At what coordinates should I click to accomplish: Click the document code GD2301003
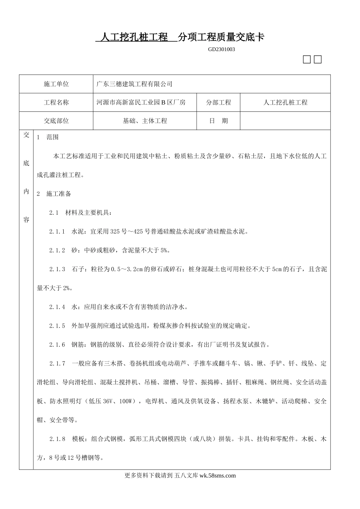pyautogui.click(x=221, y=49)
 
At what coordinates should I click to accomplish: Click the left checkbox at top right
pyautogui.click(x=307, y=60)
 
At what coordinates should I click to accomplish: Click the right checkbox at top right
pyautogui.click(x=318, y=60)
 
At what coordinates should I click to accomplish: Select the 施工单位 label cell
pyautogui.click(x=56, y=84)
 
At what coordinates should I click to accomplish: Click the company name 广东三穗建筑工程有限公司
pyautogui.click(x=135, y=84)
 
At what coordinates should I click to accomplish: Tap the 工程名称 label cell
pyautogui.click(x=56, y=103)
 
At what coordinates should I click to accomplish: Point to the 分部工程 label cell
pyautogui.click(x=218, y=103)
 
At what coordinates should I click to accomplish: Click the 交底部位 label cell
pyautogui.click(x=56, y=121)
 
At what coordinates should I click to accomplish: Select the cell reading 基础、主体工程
pyautogui.click(x=145, y=121)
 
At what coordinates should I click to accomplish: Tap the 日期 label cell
pyautogui.click(x=218, y=121)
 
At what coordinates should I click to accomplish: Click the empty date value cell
pyautogui.click(x=285, y=121)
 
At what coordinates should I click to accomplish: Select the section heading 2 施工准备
pyautogui.click(x=54, y=194)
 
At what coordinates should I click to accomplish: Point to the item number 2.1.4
pyautogui.click(x=57, y=307)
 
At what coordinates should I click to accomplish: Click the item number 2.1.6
pyautogui.click(x=57, y=345)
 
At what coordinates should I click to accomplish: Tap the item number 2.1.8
pyautogui.click(x=57, y=439)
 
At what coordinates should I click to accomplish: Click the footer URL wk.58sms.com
pyautogui.click(x=217, y=476)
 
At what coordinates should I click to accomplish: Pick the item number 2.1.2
pyautogui.click(x=57, y=250)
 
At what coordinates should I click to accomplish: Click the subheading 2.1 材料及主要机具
pyautogui.click(x=80, y=213)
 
